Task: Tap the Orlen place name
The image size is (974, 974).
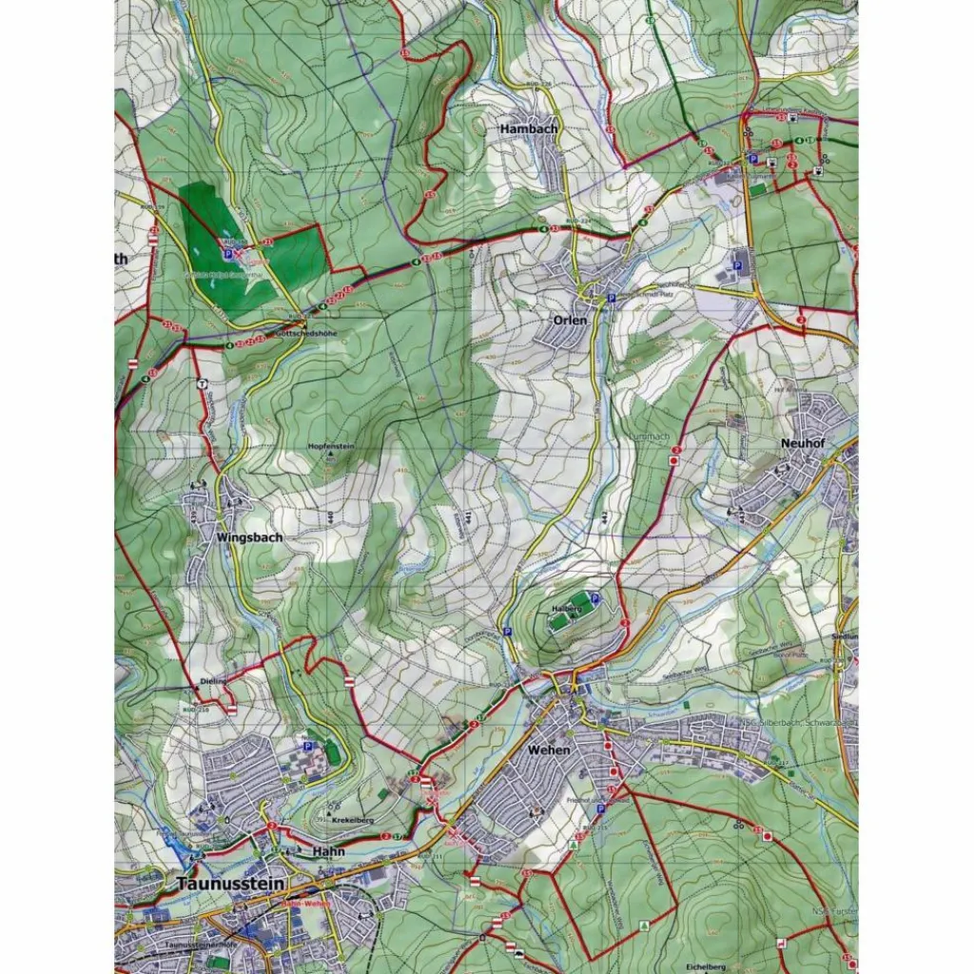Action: tap(570, 321)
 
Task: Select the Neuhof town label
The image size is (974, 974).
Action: tap(799, 443)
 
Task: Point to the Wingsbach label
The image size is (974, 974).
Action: tap(249, 537)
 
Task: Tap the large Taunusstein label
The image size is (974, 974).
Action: tap(229, 884)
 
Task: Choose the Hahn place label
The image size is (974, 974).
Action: tap(328, 851)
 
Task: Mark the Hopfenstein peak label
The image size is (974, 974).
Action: tap(331, 445)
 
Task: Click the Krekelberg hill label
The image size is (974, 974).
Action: tap(352, 820)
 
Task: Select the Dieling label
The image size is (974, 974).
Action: tap(214, 681)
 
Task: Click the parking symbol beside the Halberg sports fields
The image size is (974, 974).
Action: tap(595, 598)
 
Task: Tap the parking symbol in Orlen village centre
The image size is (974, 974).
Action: tap(611, 298)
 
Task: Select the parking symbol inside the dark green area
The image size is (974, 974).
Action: tap(227, 254)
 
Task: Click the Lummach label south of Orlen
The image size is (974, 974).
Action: tap(650, 437)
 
